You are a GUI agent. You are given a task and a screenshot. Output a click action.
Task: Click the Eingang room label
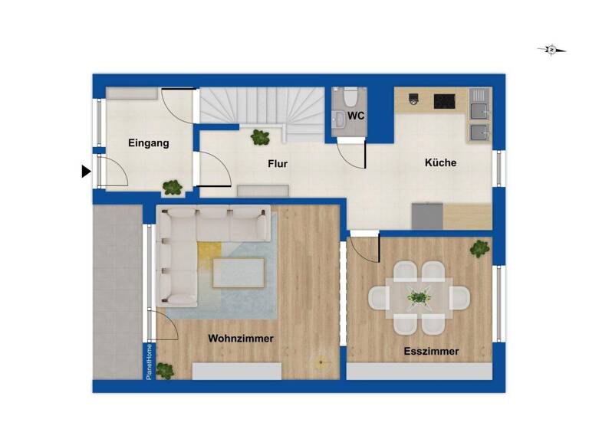149,143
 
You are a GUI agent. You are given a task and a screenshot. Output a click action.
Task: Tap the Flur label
278,164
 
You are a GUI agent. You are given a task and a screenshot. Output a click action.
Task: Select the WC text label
356,116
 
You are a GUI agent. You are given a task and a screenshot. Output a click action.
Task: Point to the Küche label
441,162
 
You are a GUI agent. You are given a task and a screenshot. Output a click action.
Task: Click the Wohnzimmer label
241,338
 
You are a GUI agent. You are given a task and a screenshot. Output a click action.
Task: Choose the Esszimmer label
432,352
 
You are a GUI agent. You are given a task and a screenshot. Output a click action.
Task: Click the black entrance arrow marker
86,172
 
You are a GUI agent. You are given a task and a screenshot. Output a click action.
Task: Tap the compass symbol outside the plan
551,51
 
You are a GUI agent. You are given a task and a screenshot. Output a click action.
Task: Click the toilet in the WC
349,97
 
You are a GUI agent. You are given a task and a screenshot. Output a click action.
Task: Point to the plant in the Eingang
173,186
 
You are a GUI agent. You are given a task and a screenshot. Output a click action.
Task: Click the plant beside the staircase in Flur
260,138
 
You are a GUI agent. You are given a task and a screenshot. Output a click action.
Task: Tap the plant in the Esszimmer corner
480,247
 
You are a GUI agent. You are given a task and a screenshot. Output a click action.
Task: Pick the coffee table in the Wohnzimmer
239,272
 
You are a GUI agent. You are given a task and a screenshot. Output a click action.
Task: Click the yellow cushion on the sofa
209,250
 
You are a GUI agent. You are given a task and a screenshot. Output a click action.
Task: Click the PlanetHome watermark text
150,361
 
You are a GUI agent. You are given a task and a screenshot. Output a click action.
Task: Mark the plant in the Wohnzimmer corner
164,370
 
